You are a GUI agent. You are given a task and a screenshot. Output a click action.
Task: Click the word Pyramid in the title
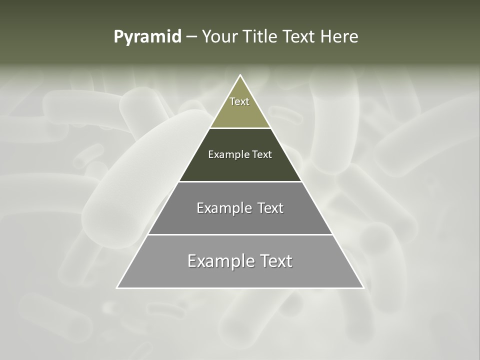(x=147, y=37)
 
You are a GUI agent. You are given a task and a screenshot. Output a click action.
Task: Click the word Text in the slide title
(x=300, y=37)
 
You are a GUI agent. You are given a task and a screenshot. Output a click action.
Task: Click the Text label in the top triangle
(x=239, y=101)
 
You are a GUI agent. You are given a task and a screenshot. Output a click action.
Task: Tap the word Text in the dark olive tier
(x=262, y=154)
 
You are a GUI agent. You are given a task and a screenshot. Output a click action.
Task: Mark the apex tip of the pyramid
(x=240, y=75)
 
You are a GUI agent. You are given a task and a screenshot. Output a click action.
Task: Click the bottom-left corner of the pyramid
(x=117, y=287)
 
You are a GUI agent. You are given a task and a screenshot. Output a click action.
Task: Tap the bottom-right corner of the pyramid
(x=363, y=287)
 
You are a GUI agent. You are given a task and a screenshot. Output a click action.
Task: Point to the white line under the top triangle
(x=240, y=128)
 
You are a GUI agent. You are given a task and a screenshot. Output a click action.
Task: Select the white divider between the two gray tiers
(x=240, y=234)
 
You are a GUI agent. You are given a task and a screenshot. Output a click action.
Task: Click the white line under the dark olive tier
(x=240, y=181)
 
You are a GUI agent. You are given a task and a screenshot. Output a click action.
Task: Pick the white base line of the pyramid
(x=240, y=288)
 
